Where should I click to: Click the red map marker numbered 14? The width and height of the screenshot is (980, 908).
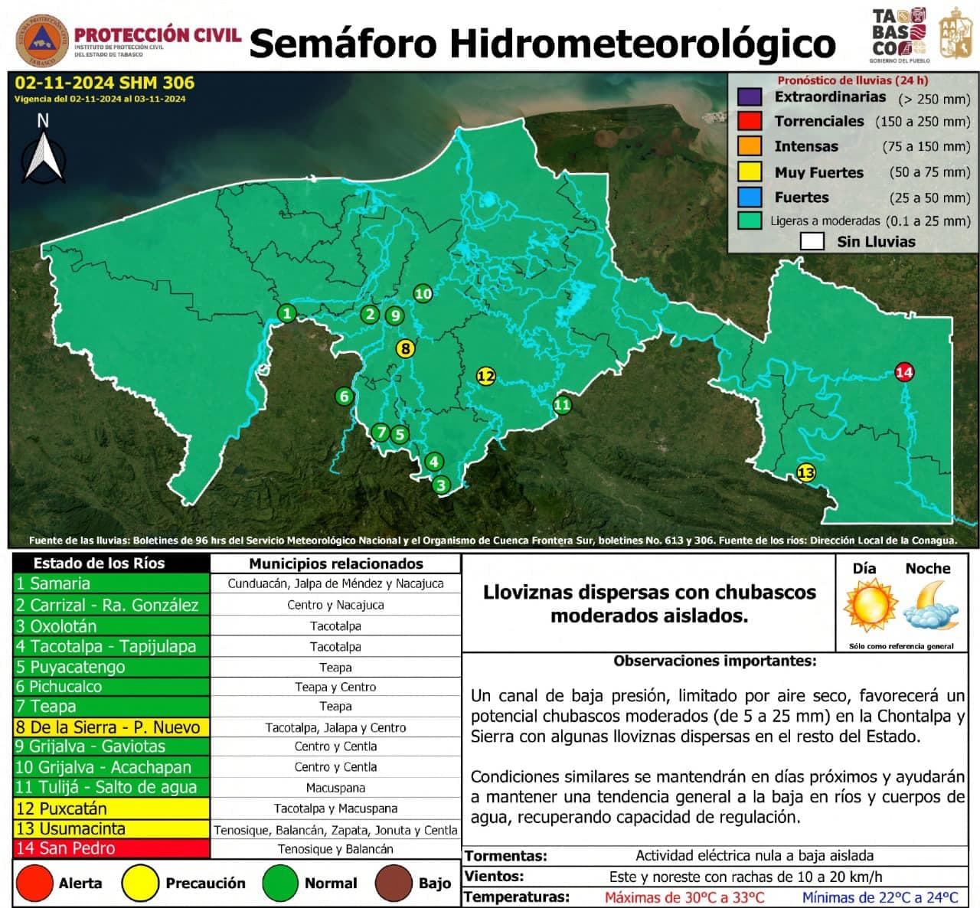(904, 372)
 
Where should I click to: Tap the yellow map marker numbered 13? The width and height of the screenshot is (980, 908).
(805, 472)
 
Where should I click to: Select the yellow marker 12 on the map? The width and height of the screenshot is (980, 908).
(485, 376)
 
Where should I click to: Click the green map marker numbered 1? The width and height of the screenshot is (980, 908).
(287, 313)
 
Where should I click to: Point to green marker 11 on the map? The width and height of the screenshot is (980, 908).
(562, 405)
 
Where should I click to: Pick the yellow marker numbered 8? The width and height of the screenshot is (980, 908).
(405, 348)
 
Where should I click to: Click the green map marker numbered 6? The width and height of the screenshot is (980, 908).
(344, 396)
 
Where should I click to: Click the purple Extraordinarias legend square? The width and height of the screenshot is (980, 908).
(750, 97)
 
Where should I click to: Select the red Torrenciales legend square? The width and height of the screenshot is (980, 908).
(750, 121)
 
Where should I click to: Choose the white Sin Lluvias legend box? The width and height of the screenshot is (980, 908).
(812, 242)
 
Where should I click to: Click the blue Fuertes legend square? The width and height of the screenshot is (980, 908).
(750, 197)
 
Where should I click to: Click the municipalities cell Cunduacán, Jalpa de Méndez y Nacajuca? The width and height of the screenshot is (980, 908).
(335, 583)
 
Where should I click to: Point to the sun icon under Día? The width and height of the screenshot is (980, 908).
(870, 605)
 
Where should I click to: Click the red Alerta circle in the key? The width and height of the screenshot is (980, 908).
(34, 883)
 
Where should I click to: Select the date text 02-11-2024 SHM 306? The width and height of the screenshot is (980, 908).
(104, 83)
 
